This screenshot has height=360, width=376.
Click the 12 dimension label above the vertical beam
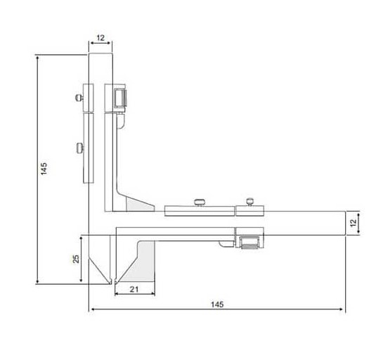(101, 38)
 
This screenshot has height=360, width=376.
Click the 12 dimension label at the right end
(354, 223)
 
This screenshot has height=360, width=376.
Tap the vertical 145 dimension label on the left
(44, 169)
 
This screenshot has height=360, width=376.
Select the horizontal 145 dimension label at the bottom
(217, 304)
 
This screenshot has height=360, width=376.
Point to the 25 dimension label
(76, 259)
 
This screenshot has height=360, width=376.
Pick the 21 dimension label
(134, 290)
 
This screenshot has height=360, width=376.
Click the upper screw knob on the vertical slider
(79, 98)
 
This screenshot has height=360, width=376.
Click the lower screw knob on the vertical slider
(80, 148)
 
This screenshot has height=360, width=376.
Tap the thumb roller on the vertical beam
(120, 98)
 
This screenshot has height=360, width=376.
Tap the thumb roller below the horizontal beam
(250, 243)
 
